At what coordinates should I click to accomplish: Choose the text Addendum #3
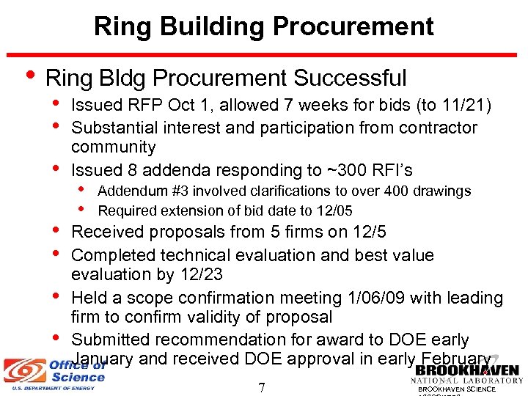[133, 191]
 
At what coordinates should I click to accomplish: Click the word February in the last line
[455, 359]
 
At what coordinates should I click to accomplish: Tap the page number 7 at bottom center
[262, 387]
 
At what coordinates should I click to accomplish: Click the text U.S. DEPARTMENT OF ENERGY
[48, 388]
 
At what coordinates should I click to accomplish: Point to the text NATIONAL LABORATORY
[466, 381]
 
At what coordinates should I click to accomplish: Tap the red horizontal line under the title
[263, 55]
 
